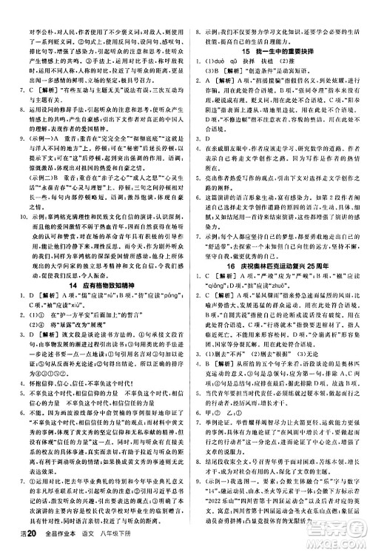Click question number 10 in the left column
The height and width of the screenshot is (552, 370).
13,196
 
